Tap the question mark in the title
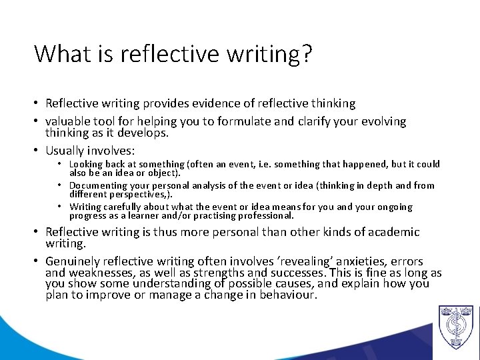pos(306,53)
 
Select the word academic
pos(391,232)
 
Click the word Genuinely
pos(71,261)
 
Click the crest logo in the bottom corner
pos(455,327)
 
